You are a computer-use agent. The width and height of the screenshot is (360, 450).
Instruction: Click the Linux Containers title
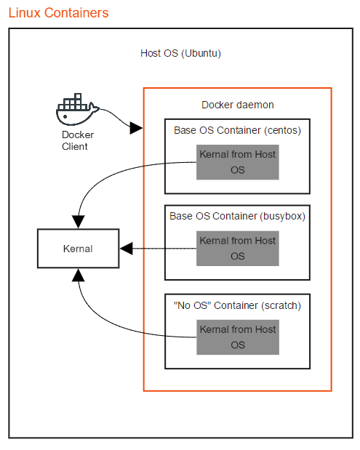coord(59,12)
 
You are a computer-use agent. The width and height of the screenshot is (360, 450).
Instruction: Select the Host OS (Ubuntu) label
coord(180,54)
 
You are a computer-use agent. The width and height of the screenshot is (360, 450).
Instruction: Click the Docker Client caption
coord(74,141)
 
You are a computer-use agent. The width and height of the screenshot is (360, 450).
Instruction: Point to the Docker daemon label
coord(237,105)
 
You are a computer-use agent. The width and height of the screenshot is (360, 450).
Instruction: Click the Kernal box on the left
coord(78,249)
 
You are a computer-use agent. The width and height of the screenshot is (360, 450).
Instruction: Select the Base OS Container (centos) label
coord(237,131)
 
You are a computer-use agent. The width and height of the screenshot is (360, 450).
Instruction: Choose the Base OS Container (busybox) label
coord(237,216)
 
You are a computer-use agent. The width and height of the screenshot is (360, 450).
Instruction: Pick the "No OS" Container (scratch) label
coord(237,305)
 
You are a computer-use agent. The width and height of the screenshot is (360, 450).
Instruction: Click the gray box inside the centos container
coord(238,162)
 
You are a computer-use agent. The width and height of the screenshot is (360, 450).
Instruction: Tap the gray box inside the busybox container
coord(238,248)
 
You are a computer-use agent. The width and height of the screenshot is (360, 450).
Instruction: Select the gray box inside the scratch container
coord(238,337)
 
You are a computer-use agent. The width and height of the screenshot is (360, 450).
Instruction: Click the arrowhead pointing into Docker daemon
coord(136,129)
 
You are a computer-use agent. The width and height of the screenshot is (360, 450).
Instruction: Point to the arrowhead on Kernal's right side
coord(125,249)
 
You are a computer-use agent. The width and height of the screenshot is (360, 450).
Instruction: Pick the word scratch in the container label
coord(282,305)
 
